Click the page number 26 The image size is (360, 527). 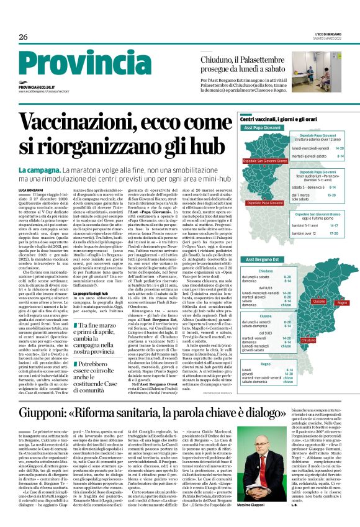coord(24,37)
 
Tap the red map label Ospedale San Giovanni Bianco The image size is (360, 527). coord(268,161)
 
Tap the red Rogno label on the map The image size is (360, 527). coord(341,302)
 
